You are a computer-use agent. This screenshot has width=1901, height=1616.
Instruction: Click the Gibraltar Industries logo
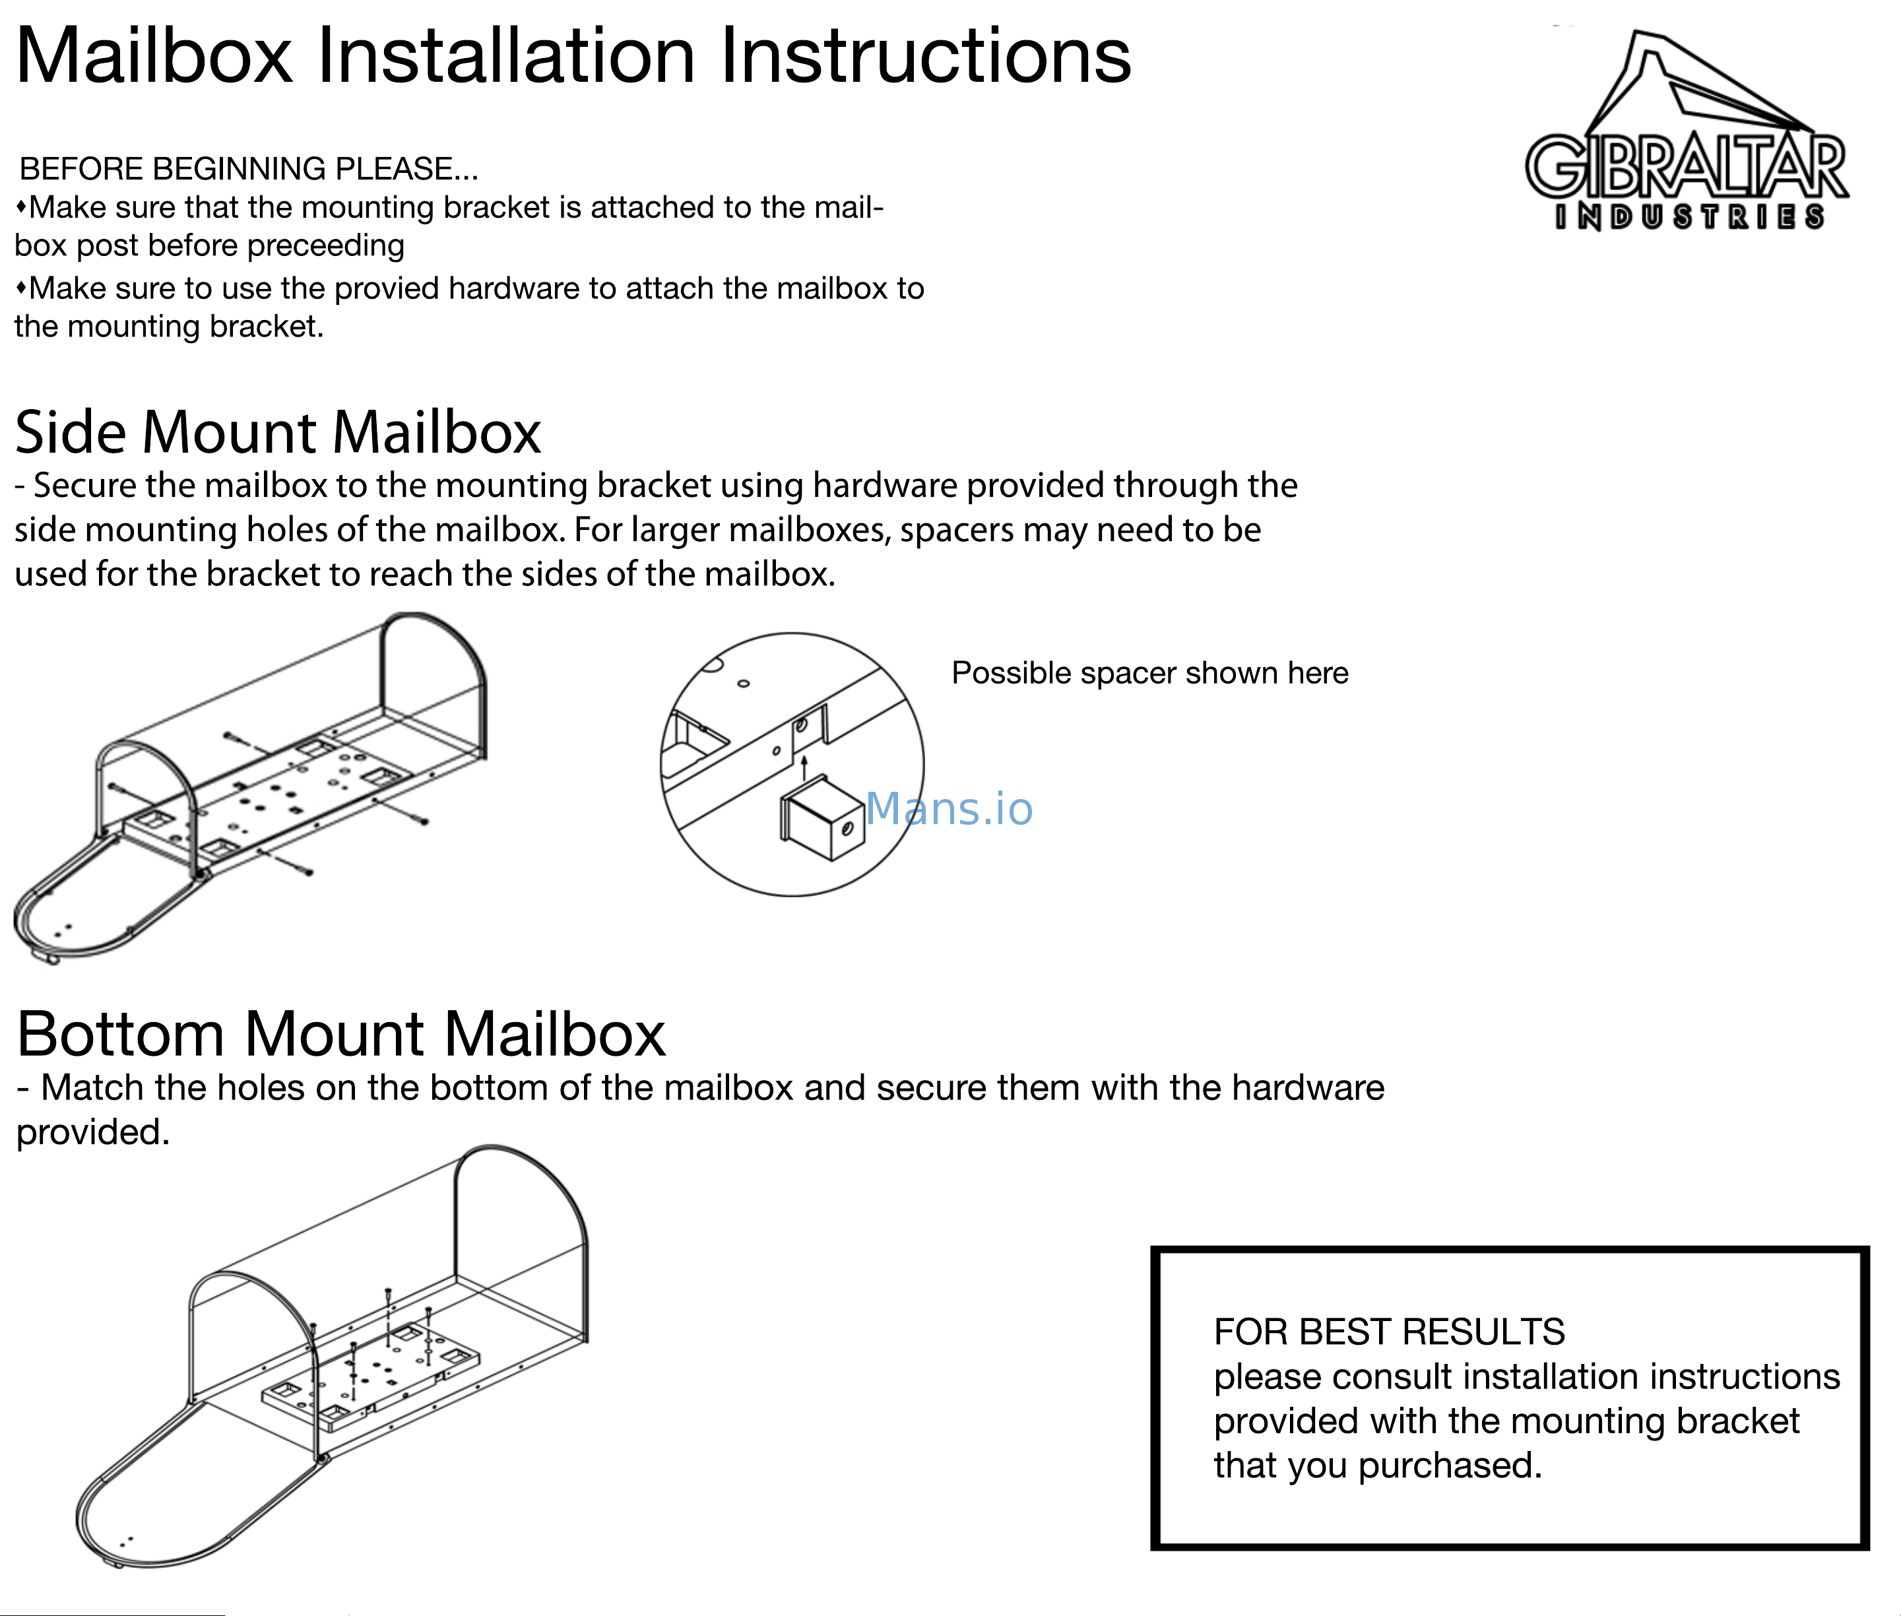1686,128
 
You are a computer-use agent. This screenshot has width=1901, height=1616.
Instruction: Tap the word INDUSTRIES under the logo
1689,217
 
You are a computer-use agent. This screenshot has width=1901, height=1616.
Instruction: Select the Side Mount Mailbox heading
278,432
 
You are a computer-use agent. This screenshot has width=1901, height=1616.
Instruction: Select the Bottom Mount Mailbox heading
340,1034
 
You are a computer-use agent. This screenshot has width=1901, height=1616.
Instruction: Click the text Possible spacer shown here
1149,673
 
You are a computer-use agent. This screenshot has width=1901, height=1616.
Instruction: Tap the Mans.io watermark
948,809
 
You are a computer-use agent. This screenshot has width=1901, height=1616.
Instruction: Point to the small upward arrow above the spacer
804,766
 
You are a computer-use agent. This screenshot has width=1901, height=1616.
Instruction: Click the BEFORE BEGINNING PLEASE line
248,170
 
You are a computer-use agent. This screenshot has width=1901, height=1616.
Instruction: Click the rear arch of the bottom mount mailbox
522,1191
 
